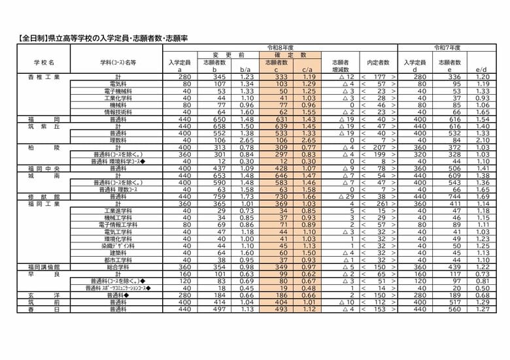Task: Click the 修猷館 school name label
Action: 44,196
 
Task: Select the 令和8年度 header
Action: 280,48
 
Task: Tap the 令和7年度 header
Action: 448,48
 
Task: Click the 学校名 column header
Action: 44,62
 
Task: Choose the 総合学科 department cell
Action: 118,267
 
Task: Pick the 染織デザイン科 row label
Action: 118,246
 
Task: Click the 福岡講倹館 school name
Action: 44,267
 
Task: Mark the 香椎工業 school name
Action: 44,76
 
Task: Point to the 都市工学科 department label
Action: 118,260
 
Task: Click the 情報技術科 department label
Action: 118,112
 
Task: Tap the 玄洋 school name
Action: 44,295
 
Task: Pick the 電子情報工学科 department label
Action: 118,225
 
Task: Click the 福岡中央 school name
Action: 44,168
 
